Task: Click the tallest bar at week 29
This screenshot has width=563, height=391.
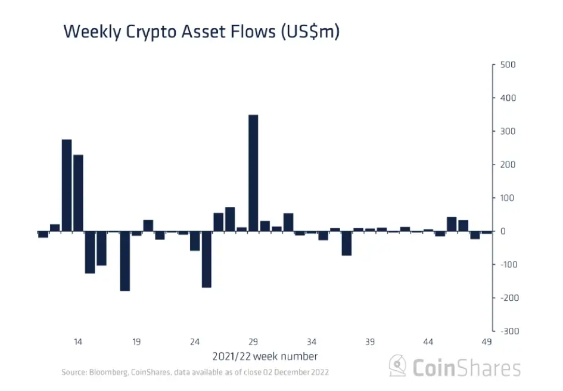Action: [253, 173]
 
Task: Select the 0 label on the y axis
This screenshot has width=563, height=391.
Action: [503, 231]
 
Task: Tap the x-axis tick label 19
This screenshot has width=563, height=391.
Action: [136, 342]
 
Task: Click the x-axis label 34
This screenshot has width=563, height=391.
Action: [312, 342]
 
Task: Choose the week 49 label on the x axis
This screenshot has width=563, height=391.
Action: [487, 342]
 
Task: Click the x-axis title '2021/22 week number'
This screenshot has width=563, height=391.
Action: [265, 356]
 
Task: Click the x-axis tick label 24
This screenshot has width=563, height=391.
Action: [195, 342]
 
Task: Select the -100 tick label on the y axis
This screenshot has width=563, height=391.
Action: [507, 264]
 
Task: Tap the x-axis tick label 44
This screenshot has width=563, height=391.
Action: [428, 342]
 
